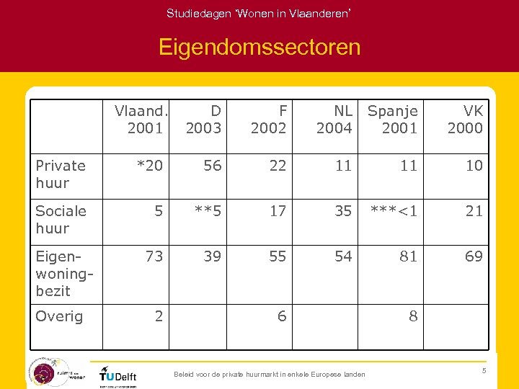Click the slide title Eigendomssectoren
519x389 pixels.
[x=259, y=48]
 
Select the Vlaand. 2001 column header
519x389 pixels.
[x=142, y=120]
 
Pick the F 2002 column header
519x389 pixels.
[x=269, y=120]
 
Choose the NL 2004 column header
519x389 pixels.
[x=334, y=120]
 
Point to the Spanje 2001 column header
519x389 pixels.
[x=393, y=120]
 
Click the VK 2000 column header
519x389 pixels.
[x=465, y=120]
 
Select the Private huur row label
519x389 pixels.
[x=61, y=174]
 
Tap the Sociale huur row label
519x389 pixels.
[x=61, y=220]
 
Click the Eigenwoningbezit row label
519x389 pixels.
[x=55, y=274]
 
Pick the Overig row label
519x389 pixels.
[x=59, y=316]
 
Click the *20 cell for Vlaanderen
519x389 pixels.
[x=150, y=166]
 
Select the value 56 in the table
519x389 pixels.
[x=213, y=166]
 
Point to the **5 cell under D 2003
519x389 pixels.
[x=207, y=211]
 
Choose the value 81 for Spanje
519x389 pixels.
[x=409, y=256]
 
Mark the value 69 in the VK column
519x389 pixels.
[x=474, y=256]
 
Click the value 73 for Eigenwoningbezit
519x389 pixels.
[x=154, y=256]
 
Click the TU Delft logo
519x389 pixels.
[x=118, y=375]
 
